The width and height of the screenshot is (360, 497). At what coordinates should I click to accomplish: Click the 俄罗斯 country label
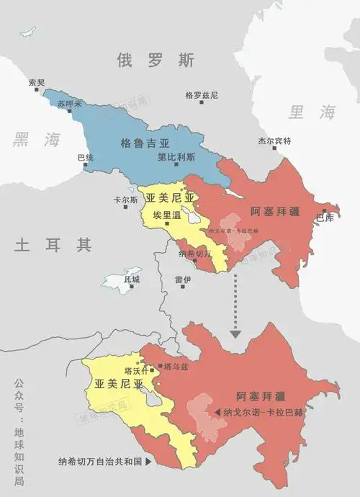click(156, 61)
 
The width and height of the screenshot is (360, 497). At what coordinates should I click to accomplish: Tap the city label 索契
click(36, 81)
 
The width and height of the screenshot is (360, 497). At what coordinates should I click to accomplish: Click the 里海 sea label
click(312, 112)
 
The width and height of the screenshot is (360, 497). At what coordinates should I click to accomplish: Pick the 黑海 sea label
click(36, 140)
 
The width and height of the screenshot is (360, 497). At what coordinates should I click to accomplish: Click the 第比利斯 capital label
click(176, 156)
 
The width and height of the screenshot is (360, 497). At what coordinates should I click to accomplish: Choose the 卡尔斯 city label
click(125, 200)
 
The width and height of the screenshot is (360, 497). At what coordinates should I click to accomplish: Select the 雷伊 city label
click(182, 279)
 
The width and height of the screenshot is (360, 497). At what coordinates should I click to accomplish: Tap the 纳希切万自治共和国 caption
click(102, 462)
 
